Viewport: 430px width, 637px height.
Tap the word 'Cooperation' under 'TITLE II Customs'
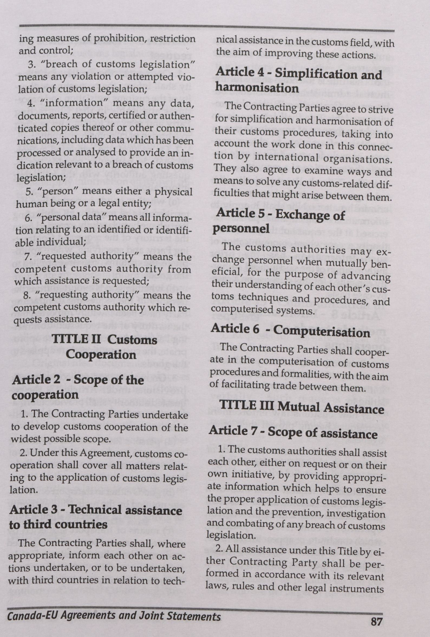(101, 355)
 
